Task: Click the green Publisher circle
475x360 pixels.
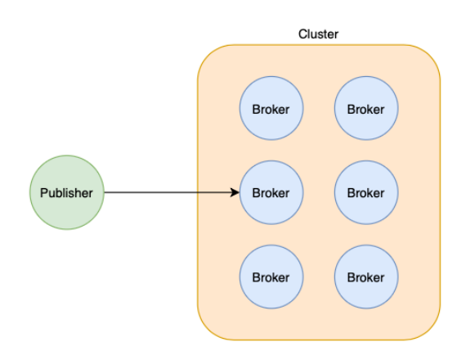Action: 67,192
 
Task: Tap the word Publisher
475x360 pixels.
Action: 66,193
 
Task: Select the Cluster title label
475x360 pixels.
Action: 318,34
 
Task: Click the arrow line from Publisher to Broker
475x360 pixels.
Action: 172,192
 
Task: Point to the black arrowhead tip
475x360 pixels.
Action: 240,192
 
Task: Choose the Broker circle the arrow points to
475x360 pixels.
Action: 271,192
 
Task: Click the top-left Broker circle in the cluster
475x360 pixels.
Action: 271,108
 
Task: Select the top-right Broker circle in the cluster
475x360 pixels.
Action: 366,108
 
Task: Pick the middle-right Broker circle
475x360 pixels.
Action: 366,192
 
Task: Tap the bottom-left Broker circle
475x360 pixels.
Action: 271,277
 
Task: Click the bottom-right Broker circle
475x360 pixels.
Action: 366,277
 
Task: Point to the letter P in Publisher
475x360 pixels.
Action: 44,192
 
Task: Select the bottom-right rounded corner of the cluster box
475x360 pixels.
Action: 430,330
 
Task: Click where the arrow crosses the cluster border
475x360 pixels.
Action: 198,192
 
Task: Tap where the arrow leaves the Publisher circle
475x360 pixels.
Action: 104,192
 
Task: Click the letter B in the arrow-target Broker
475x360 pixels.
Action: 256,193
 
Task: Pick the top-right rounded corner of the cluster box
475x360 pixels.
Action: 430,55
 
